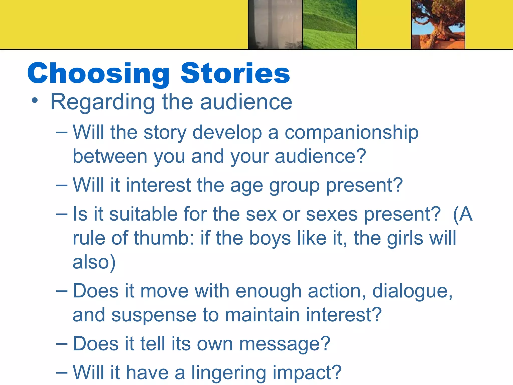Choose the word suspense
click(154, 315)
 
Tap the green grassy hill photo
click(329, 25)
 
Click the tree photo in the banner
click(438, 25)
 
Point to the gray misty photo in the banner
click(275, 25)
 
